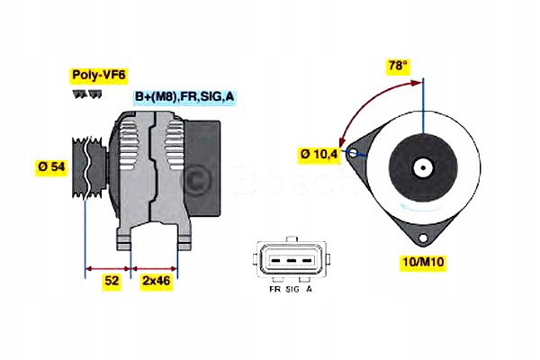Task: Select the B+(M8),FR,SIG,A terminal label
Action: pos(185,96)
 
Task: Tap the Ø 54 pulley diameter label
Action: pos(51,166)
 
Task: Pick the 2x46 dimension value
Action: pos(157,281)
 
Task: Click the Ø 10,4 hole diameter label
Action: pos(319,156)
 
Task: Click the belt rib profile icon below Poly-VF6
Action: pos(81,93)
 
